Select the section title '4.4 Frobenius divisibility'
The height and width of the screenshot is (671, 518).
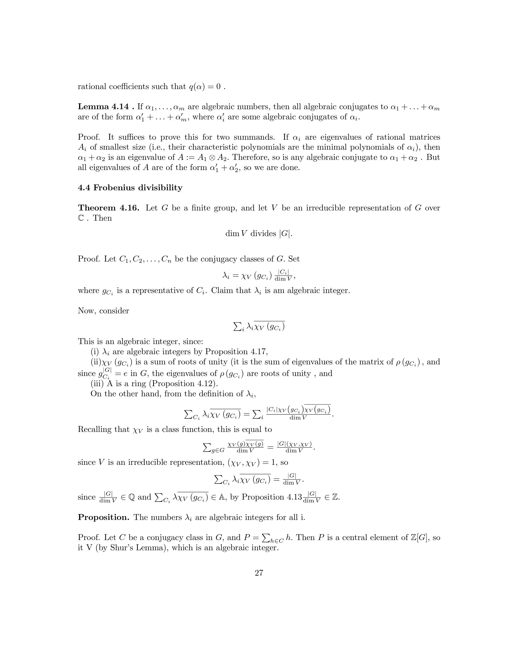pos(130,187)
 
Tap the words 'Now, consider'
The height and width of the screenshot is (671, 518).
pos(103,311)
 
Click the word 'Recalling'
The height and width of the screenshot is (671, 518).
pos(95,429)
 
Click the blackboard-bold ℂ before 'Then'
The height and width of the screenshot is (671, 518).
pos(81,218)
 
